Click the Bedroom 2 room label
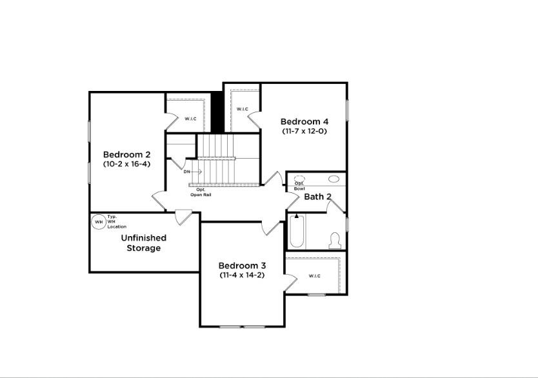(127, 155)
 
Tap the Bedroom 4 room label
(304, 121)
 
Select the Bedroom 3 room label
(242, 265)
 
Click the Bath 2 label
(317, 197)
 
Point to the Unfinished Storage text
(143, 243)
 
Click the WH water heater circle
(99, 222)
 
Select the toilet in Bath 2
(334, 241)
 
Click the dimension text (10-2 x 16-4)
(127, 164)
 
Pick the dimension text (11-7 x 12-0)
(304, 131)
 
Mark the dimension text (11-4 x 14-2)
(242, 275)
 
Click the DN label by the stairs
(186, 172)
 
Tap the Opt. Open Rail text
(201, 192)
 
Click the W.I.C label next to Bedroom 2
(190, 119)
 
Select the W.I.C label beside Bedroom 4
(242, 109)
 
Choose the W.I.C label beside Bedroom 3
(314, 276)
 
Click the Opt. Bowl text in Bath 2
(300, 186)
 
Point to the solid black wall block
(218, 112)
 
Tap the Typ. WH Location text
(117, 222)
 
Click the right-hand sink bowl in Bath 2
(334, 179)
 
